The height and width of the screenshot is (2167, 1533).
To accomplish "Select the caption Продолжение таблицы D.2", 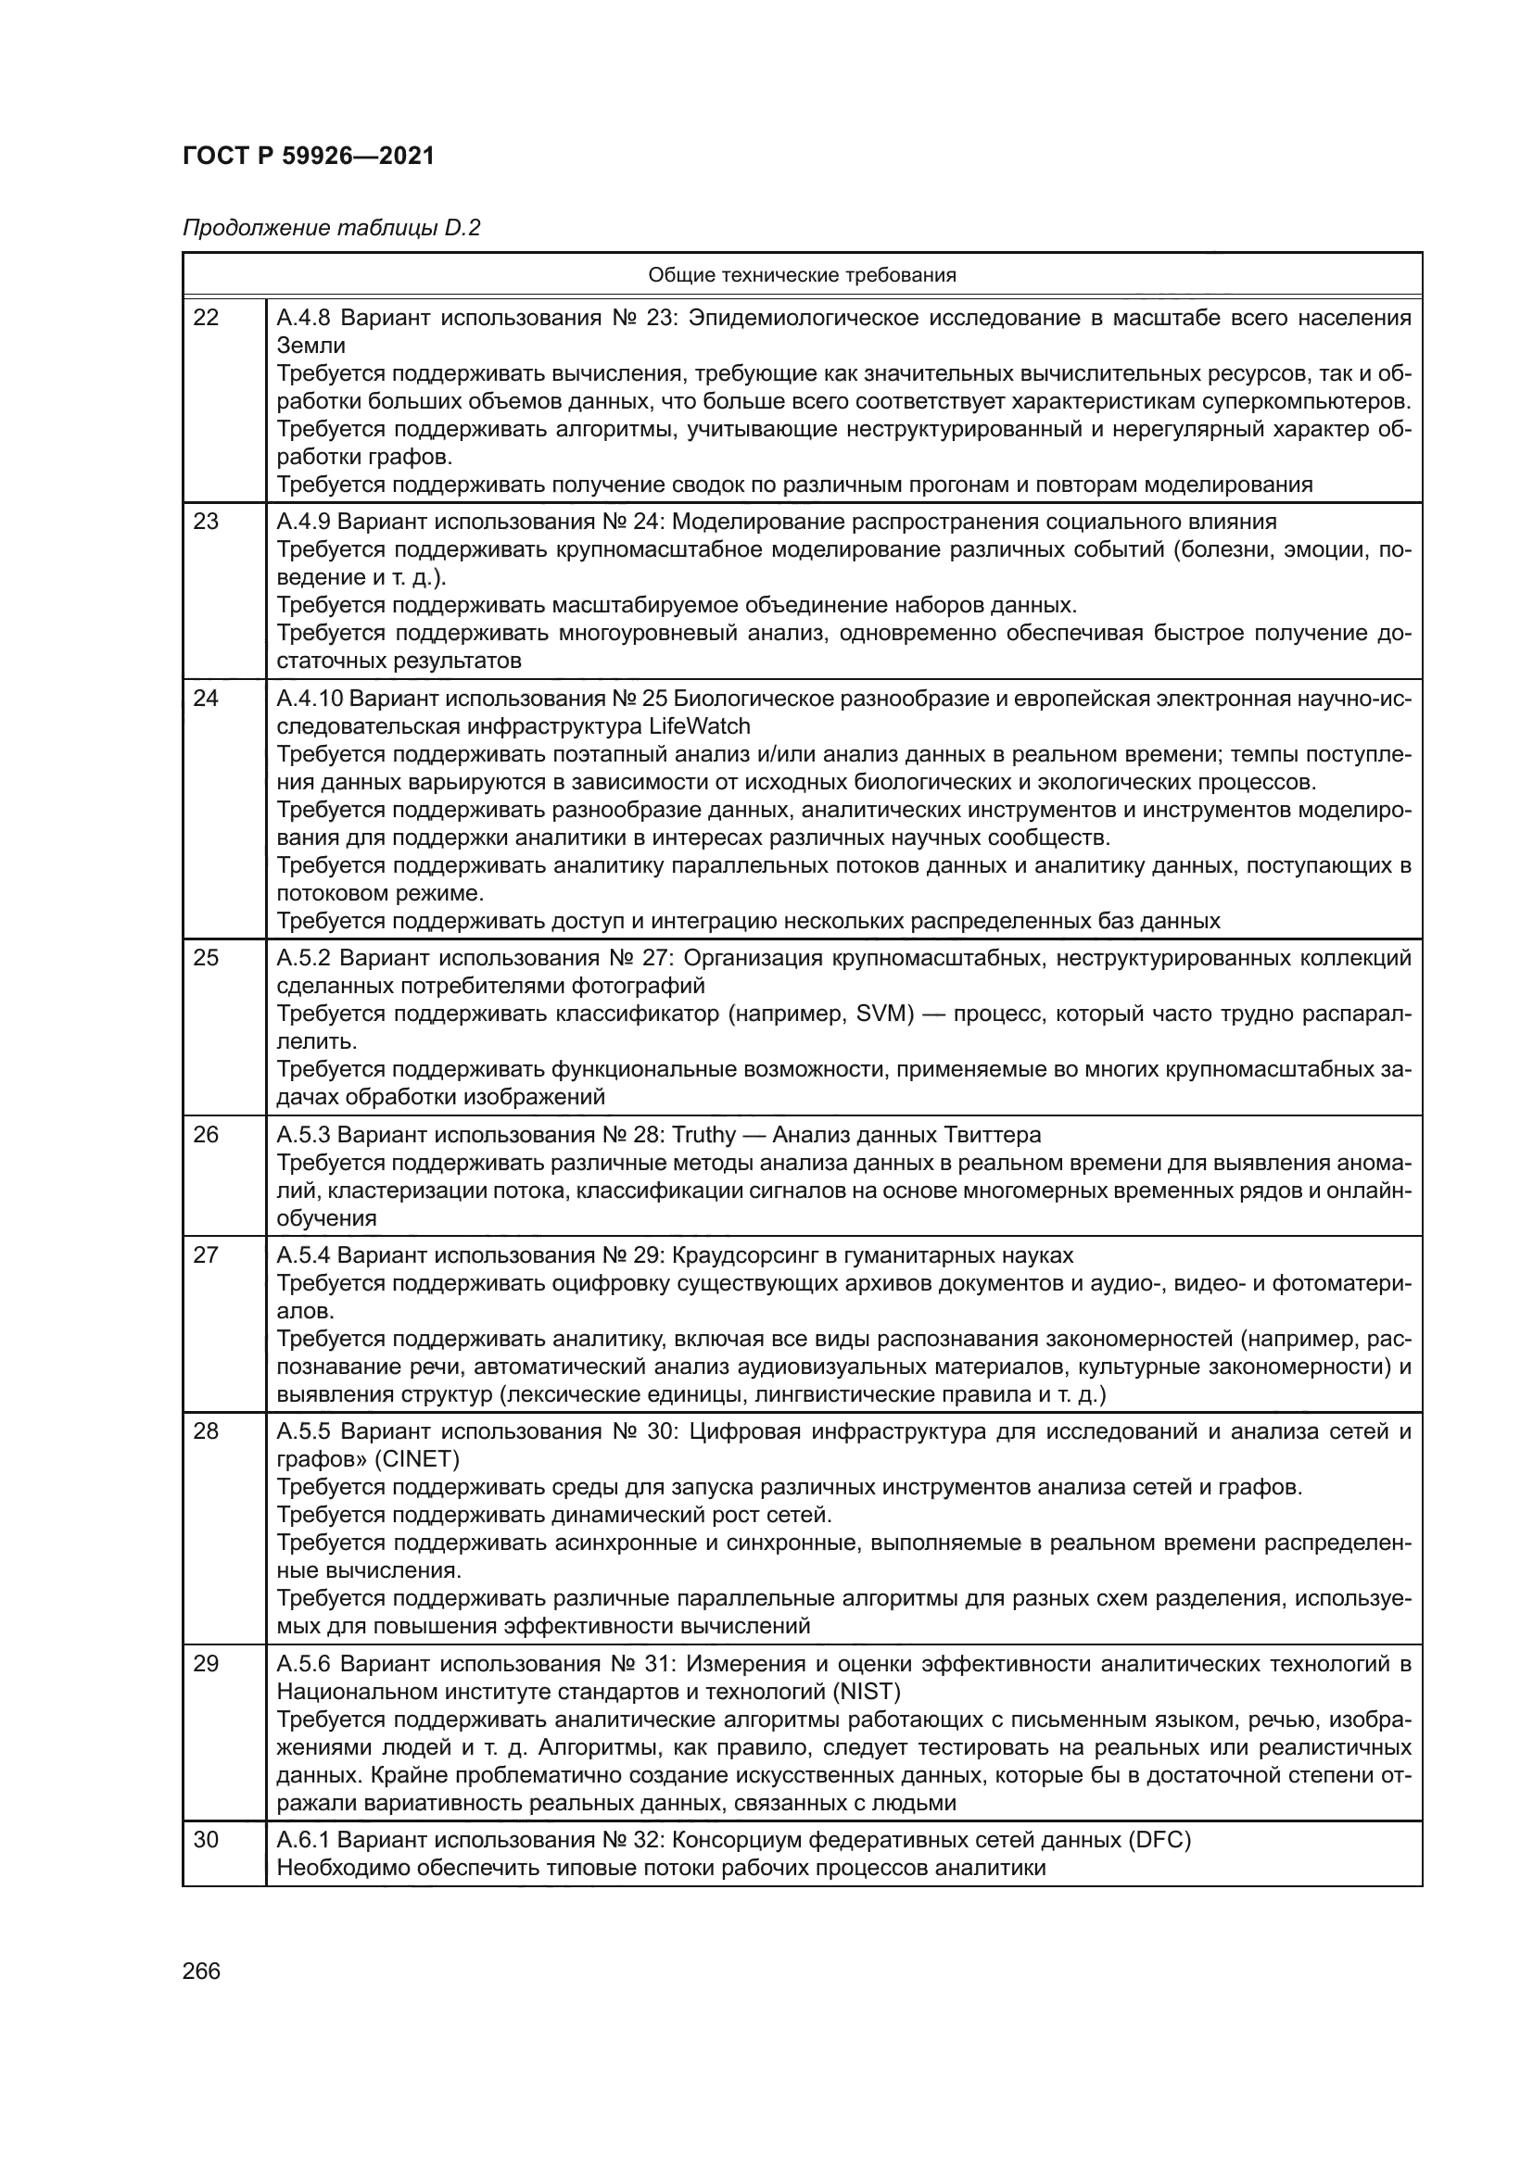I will tap(331, 229).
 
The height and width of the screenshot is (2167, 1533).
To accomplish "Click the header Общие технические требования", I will tap(802, 275).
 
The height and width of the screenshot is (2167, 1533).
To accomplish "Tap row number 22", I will tap(206, 318).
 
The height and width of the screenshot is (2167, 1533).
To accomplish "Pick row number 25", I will tap(206, 958).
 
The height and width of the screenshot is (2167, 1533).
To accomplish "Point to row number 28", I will tap(206, 1431).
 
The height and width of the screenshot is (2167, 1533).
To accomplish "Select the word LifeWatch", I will tap(700, 726).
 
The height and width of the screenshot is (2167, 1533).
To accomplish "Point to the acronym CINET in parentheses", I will tap(416, 1459).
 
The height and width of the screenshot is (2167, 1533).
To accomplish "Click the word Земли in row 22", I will tap(310, 346).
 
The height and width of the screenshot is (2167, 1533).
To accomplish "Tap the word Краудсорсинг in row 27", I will tap(752, 1255).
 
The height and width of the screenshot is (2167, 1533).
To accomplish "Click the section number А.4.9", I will tap(303, 522).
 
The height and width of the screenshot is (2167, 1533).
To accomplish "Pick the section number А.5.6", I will tap(304, 1663).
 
